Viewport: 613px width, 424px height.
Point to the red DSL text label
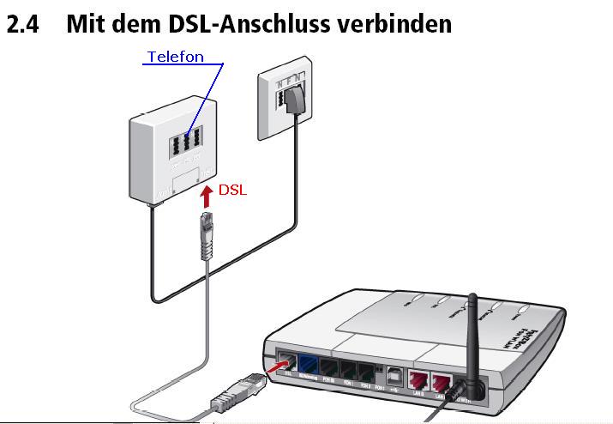pyautogui.click(x=232, y=190)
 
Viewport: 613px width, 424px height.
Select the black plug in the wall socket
pyautogui.click(x=293, y=103)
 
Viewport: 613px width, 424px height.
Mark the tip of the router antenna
pyautogui.click(x=471, y=298)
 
